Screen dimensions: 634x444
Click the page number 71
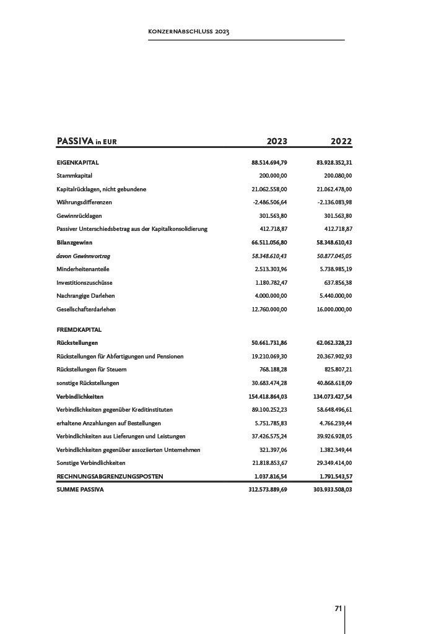pyautogui.click(x=338, y=609)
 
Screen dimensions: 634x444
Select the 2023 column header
pyautogui.click(x=277, y=141)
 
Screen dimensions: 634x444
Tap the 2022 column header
pyautogui.click(x=341, y=141)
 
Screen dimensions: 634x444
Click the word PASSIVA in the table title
pyautogui.click(x=75, y=141)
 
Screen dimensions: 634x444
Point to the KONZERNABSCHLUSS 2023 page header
pyautogui.click(x=189, y=32)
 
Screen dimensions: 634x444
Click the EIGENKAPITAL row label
pyautogui.click(x=78, y=163)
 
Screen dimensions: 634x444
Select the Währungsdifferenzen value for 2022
pyautogui.click(x=334, y=202)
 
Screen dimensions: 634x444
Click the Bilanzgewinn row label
pyautogui.click(x=74, y=242)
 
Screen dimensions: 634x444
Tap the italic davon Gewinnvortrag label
pyautogui.click(x=83, y=256)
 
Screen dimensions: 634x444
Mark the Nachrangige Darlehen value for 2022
pyautogui.click(x=334, y=295)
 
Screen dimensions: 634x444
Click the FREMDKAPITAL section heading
pyautogui.click(x=79, y=330)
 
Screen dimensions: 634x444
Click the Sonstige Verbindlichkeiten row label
pyautogui.click(x=91, y=463)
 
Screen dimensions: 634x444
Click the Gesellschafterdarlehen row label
pyautogui.click(x=86, y=309)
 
